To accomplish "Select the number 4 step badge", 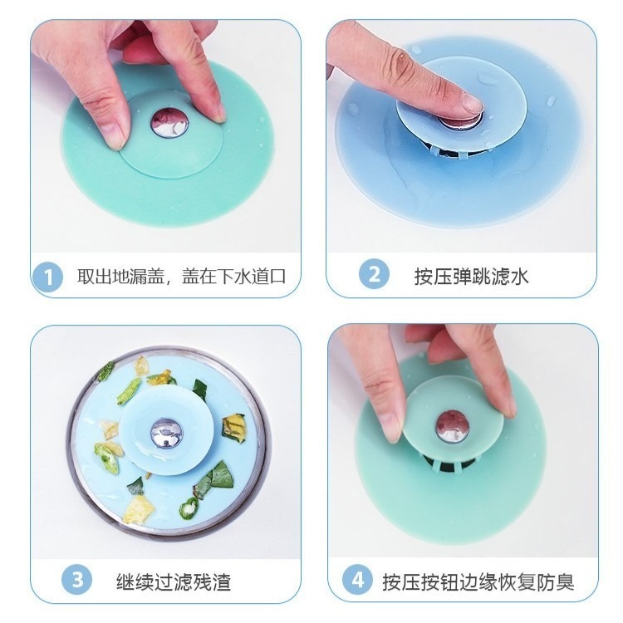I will pyautogui.click(x=359, y=580).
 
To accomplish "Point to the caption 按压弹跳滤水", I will pyautogui.click(x=471, y=276).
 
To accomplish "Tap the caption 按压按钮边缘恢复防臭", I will pyautogui.click(x=478, y=581).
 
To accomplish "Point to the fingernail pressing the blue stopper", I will pyautogui.click(x=471, y=104).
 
